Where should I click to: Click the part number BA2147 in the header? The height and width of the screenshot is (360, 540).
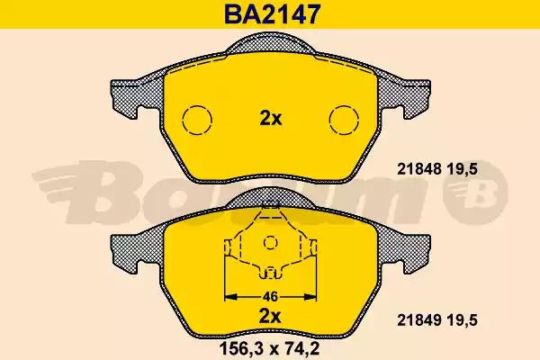273,14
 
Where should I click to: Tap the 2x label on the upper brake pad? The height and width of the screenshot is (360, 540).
270,119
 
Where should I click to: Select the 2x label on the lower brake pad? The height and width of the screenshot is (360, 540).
270,316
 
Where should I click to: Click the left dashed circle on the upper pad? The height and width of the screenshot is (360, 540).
197,120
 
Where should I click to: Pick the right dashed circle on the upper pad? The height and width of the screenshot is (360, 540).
344,120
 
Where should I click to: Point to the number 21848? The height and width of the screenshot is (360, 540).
419,169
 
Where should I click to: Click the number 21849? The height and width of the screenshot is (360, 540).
419,320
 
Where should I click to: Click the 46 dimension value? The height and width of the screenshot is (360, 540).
270,296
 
